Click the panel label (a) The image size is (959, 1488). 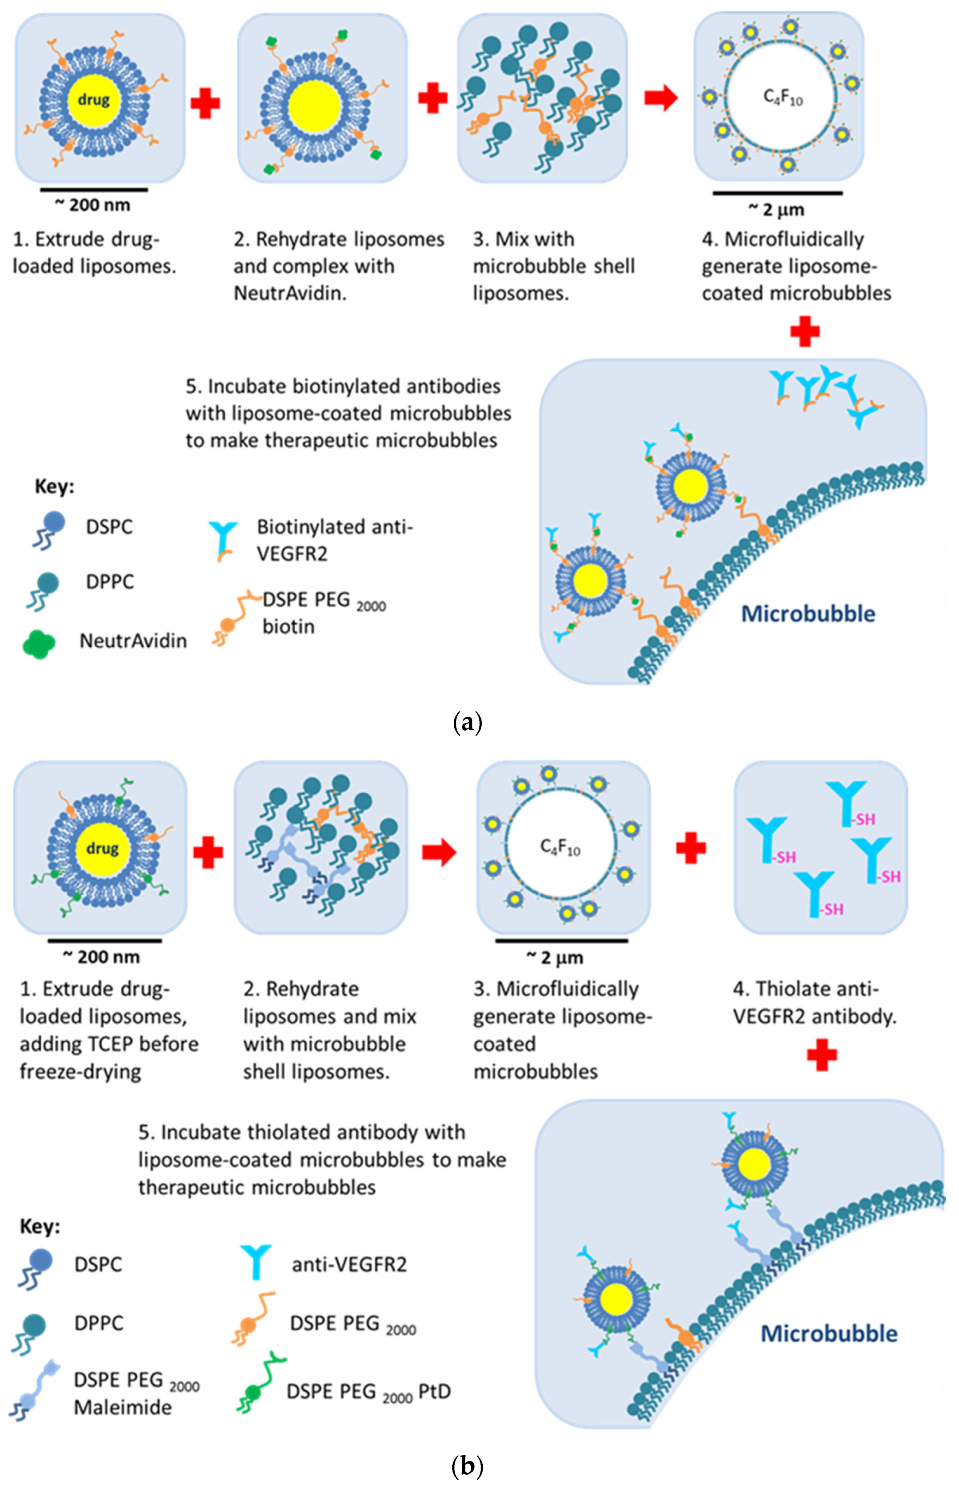(467, 723)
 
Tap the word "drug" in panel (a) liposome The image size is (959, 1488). (94, 99)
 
